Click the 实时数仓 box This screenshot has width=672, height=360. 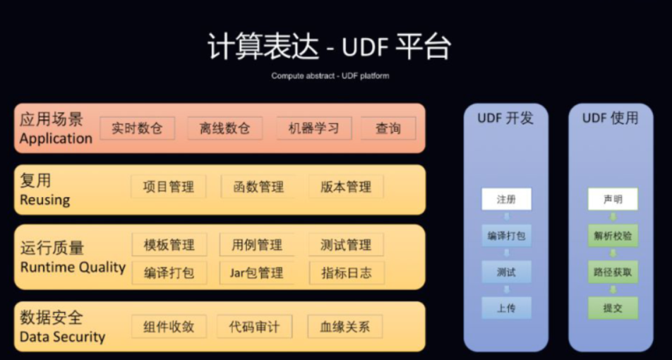(137, 128)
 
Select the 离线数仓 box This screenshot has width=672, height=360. (225, 128)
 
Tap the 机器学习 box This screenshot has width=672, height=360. (314, 128)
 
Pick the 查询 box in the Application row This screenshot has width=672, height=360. (388, 128)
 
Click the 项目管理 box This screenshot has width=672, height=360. (168, 187)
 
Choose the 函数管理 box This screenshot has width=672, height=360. (258, 187)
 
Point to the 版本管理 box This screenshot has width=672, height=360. (346, 187)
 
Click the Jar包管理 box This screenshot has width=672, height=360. (257, 272)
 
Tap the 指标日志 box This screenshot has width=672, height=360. (346, 272)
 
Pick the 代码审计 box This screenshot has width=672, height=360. (254, 327)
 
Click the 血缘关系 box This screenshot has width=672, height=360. (345, 327)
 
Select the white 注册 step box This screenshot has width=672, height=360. (506, 200)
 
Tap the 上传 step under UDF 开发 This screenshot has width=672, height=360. (506, 308)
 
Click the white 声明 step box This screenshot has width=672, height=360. (613, 200)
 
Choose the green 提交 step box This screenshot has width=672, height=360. (613, 308)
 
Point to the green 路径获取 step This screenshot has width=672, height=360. (613, 272)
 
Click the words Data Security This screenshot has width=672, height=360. (62, 337)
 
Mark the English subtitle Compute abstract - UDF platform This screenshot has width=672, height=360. (330, 76)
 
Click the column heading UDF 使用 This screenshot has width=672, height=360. (610, 118)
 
